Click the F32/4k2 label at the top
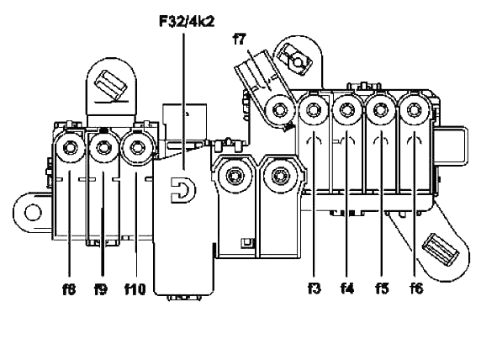pyautogui.click(x=187, y=22)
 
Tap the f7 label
pyautogui.click(x=240, y=40)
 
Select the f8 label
pyautogui.click(x=69, y=289)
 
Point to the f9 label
pyautogui.click(x=101, y=289)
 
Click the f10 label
pyautogui.click(x=135, y=289)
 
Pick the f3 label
pyautogui.click(x=314, y=289)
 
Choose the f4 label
pyautogui.click(x=347, y=289)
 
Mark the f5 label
pyautogui.click(x=382, y=289)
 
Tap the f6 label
pyautogui.click(x=416, y=289)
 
